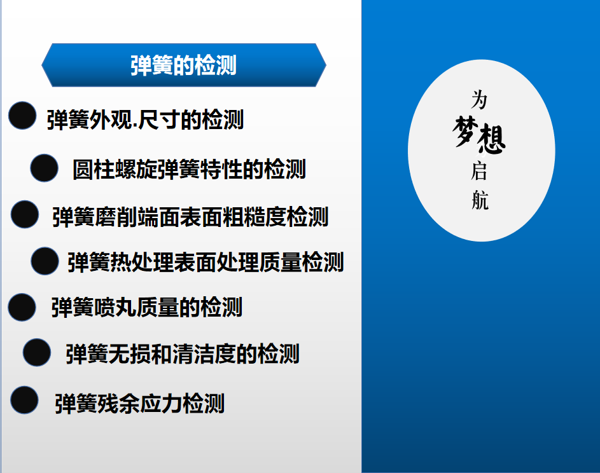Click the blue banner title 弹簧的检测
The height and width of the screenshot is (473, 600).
tap(183, 65)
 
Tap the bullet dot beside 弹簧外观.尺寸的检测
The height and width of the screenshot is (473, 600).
tap(22, 116)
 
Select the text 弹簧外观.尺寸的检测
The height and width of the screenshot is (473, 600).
tap(145, 120)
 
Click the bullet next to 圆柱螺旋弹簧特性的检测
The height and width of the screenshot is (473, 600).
tap(45, 168)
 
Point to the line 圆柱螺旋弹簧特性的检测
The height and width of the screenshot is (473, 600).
tap(189, 169)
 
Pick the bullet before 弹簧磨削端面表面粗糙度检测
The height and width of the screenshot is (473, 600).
tap(25, 214)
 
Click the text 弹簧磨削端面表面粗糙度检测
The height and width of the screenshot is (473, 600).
tap(190, 217)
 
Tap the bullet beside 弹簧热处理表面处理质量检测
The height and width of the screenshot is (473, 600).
tap(45, 261)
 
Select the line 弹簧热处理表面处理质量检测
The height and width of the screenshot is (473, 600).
tap(206, 263)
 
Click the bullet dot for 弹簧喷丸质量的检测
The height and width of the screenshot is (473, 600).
tap(22, 307)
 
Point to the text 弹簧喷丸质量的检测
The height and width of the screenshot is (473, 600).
tap(147, 307)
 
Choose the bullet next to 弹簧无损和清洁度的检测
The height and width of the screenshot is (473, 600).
tap(37, 352)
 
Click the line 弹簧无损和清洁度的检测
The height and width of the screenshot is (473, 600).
tap(183, 353)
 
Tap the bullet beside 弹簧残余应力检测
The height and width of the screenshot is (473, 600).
tap(24, 400)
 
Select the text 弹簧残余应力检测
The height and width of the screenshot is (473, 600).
tap(140, 404)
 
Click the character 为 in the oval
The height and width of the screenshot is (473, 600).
tap(479, 99)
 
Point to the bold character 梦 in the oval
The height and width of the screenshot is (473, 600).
tap(465, 131)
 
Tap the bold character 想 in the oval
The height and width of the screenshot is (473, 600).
tap(492, 139)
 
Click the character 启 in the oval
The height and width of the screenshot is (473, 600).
tap(478, 170)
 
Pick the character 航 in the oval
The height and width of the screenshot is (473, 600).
tap(480, 200)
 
